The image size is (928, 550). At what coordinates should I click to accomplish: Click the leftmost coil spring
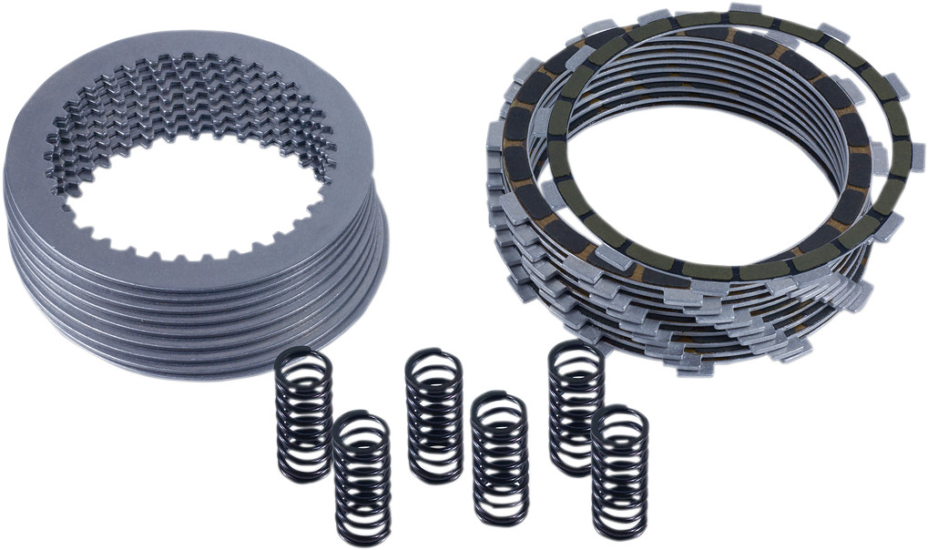[x=304, y=414]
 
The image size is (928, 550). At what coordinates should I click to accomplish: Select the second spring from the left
[x=362, y=477]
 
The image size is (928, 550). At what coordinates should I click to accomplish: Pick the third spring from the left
[x=434, y=415]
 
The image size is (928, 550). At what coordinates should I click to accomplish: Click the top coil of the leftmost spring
[x=303, y=358]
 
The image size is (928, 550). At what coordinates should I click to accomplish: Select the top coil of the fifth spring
[x=576, y=351]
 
